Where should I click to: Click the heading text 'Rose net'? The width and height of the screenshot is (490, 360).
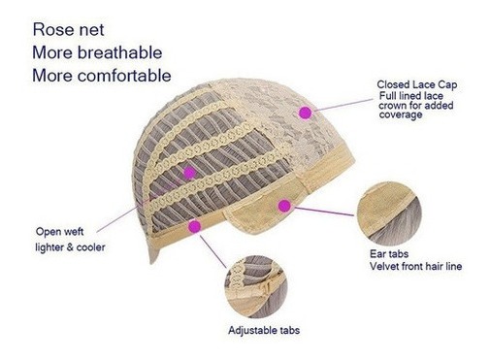pos(68,30)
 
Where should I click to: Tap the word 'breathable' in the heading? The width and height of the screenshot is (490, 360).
pos(119,52)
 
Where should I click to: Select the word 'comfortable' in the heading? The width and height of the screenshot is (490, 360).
pos(124,76)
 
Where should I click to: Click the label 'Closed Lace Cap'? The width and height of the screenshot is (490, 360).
pos(417,84)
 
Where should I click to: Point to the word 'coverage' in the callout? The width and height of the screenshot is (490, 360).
pos(401,115)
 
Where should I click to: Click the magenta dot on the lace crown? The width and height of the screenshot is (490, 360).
pos(305,113)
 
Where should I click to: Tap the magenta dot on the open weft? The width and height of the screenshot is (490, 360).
pos(190,173)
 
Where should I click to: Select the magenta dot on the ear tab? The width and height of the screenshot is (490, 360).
pos(284,206)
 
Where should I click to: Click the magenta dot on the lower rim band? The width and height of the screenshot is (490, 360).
pos(195,226)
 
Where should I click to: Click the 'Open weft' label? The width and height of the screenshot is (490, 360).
pos(59,232)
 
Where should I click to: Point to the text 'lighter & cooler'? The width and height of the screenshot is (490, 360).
pos(70,247)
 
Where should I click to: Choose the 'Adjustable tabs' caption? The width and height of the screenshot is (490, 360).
pos(264,330)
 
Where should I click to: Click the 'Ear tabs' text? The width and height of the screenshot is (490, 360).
pos(389,253)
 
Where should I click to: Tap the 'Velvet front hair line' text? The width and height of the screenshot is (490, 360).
pos(415,266)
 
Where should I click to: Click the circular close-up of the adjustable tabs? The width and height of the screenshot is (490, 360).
pos(256,286)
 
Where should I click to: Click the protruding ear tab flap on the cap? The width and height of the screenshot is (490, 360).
pos(259,211)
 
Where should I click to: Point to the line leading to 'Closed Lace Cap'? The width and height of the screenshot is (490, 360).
pos(343,105)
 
